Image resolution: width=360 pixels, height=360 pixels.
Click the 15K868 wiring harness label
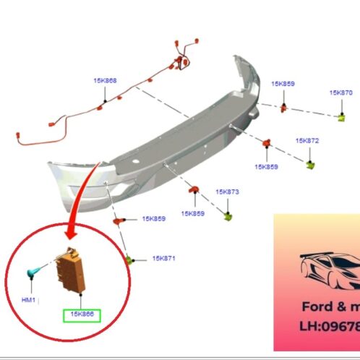(105, 80)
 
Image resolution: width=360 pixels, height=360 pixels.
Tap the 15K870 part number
(341, 93)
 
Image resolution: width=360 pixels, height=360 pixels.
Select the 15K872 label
(307, 140)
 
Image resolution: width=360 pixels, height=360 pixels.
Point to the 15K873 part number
(227, 192)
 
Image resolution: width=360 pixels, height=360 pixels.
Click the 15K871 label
(164, 258)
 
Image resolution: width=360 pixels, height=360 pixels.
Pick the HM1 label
(29, 299)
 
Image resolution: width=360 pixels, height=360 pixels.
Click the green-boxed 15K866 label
(82, 314)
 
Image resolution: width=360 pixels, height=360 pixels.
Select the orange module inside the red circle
(73, 272)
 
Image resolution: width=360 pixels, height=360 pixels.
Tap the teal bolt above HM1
(33, 272)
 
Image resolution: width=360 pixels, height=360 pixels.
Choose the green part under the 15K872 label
(311, 161)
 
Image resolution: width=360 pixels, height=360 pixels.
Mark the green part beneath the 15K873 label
(228, 215)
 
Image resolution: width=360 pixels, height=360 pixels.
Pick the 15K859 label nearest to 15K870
(283, 84)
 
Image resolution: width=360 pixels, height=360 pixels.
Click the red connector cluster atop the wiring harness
(176, 64)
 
